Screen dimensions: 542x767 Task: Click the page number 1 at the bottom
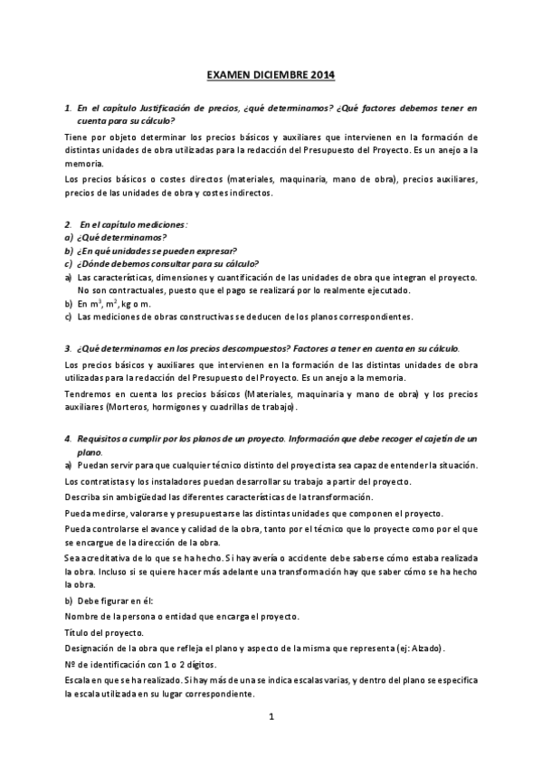pyautogui.click(x=271, y=716)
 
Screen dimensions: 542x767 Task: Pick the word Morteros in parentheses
pyautogui.click(x=134, y=408)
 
